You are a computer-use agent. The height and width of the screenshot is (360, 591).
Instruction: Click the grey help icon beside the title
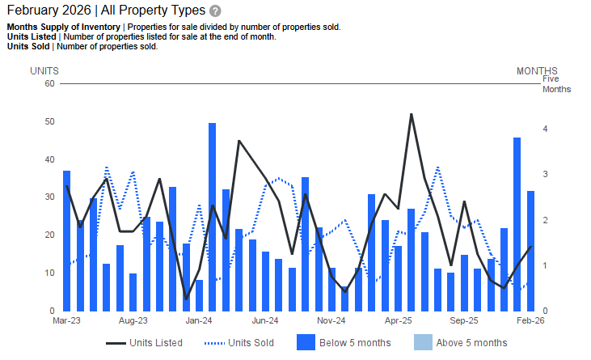pos(215,11)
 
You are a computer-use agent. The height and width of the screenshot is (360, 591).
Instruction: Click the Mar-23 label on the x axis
pos(66,320)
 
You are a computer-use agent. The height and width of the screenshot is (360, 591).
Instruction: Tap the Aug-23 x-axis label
pos(133,320)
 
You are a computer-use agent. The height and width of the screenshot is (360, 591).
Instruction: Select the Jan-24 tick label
pos(199,320)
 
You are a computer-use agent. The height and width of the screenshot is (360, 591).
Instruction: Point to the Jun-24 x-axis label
pos(266,320)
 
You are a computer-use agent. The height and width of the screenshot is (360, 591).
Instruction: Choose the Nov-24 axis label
pos(332,320)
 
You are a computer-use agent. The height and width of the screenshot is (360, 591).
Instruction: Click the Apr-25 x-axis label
pos(399,320)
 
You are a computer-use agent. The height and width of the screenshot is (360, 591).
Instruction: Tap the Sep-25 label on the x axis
pos(465,320)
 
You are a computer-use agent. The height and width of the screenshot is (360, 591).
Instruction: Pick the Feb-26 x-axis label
pos(531,320)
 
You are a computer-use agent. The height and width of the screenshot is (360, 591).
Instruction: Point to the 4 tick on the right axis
pos(546,129)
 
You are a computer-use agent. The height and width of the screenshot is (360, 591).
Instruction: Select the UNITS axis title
pos(44,71)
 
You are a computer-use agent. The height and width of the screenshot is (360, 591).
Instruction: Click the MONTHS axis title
pos(537,71)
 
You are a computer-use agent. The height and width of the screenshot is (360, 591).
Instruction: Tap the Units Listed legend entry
pos(145,343)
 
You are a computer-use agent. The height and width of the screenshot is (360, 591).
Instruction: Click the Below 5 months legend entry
pos(344,343)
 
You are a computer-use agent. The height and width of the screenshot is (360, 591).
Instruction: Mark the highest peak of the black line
pos(412,114)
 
